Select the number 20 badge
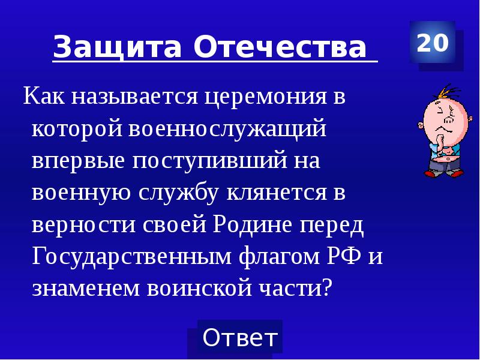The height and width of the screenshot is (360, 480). (x=432, y=43)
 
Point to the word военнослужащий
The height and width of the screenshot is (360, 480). (x=227, y=130)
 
